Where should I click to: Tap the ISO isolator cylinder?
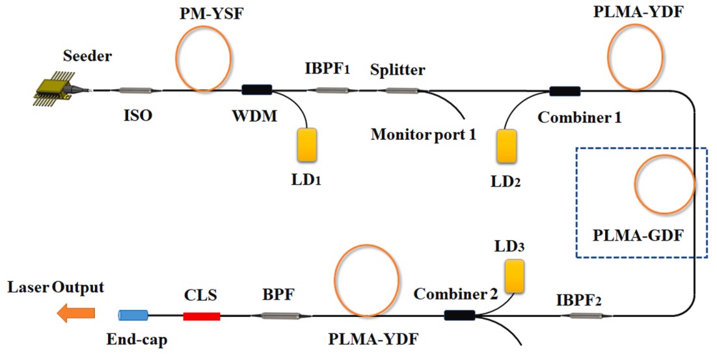[x=135, y=90]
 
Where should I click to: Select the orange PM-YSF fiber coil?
[x=203, y=57]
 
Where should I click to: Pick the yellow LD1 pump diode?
[x=306, y=144]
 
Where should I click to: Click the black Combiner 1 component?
[x=565, y=90]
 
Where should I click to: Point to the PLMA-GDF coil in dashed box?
[x=665, y=186]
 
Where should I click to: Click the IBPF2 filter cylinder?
[x=588, y=316]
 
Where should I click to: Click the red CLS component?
[x=202, y=316]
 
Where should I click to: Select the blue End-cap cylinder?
[x=133, y=316]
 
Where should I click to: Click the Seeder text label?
[x=87, y=56]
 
